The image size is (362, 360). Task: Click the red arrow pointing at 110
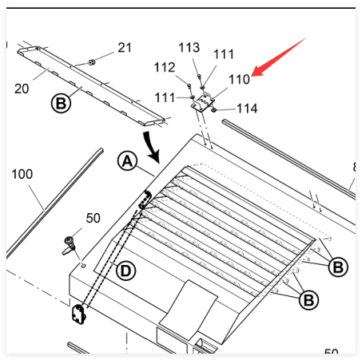tap(278, 57)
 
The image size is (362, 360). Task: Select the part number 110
tap(239, 79)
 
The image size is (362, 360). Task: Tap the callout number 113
tap(189, 48)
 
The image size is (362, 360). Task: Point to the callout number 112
tap(165, 67)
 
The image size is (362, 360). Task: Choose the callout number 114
tap(247, 109)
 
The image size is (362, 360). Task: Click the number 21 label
tap(125, 48)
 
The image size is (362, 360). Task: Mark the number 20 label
tap(22, 89)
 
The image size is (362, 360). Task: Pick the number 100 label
tap(22, 174)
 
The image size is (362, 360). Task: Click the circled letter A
tap(127, 161)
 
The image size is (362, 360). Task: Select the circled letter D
tap(125, 271)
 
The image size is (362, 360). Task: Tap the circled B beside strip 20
tap(61, 103)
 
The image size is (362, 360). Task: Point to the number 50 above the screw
tap(93, 218)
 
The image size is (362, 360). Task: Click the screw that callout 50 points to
tap(70, 246)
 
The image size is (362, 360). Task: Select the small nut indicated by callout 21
tap(92, 63)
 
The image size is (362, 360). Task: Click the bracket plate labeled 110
tap(203, 103)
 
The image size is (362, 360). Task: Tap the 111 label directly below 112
tap(165, 97)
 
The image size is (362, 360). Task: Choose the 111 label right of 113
tap(224, 54)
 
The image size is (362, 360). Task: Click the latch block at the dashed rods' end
tap(79, 315)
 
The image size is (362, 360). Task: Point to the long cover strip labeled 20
tap(91, 85)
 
